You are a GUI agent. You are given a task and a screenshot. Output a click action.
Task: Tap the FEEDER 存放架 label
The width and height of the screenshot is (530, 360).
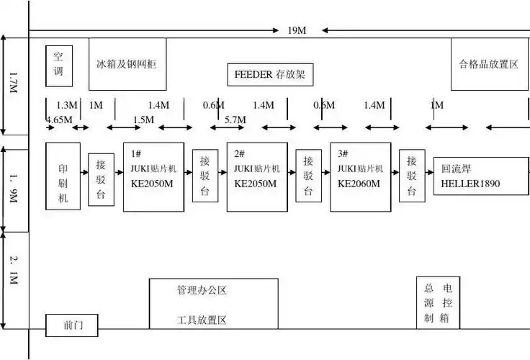tap(270, 73)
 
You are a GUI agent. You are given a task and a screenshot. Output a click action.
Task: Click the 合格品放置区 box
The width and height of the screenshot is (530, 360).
tap(490, 64)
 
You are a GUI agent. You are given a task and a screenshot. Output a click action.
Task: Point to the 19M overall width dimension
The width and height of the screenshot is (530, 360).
tap(297, 30)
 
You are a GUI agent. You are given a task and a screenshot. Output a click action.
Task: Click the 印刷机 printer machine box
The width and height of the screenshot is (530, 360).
tap(63, 176)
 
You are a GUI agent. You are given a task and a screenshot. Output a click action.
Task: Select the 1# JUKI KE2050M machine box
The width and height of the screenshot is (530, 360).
tap(153, 176)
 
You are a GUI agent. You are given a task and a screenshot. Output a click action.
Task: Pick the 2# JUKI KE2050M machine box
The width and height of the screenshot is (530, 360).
tap(257, 176)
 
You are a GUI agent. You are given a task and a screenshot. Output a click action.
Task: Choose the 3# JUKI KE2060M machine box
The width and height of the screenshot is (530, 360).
tap(360, 176)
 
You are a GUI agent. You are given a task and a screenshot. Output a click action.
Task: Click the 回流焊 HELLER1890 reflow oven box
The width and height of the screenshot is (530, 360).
tap(480, 177)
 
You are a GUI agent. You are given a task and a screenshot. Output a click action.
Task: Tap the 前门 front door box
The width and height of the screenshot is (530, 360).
tap(72, 325)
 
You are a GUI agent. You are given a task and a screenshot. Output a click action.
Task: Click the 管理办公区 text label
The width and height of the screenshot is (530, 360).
tap(202, 291)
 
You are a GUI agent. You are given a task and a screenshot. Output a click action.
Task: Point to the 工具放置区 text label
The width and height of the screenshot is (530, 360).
tap(202, 320)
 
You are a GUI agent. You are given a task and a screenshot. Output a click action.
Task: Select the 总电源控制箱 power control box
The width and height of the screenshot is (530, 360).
tap(438, 303)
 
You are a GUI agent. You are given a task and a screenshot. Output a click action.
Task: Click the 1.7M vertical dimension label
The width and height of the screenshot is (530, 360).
tap(13, 85)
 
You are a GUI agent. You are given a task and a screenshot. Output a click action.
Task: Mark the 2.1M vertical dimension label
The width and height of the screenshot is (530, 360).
tap(13, 270)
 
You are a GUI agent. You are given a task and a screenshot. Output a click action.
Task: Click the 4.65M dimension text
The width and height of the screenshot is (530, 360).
tap(59, 119)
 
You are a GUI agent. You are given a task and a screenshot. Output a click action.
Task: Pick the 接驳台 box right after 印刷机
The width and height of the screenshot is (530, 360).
tap(102, 179)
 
